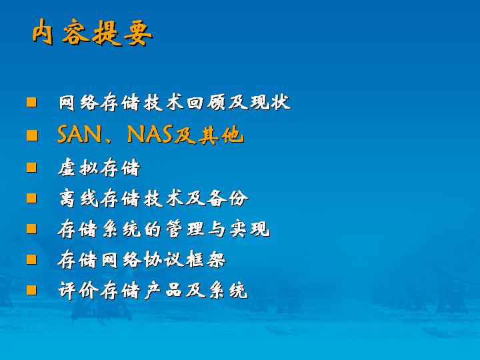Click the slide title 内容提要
[x=93, y=33]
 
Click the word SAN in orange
[x=79, y=135]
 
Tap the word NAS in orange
[x=149, y=135]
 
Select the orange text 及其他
[x=209, y=135]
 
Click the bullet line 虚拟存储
[x=99, y=168]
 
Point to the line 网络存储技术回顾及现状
[x=175, y=102]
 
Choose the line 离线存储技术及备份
[x=153, y=199]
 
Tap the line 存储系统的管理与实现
[x=164, y=229]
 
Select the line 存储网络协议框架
[x=142, y=259]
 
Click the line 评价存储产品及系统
[x=153, y=290]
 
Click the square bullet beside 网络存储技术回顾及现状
[x=31, y=102]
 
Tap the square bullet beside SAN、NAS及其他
[x=32, y=135]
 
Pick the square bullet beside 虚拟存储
[x=31, y=167]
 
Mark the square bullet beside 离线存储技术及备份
[x=31, y=198]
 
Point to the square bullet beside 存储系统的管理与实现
[x=31, y=229]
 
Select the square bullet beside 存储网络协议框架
[x=31, y=259]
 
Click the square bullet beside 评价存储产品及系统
[x=31, y=290]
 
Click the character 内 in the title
[x=43, y=32]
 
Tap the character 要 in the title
[x=138, y=33]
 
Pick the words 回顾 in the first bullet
[x=207, y=102]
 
